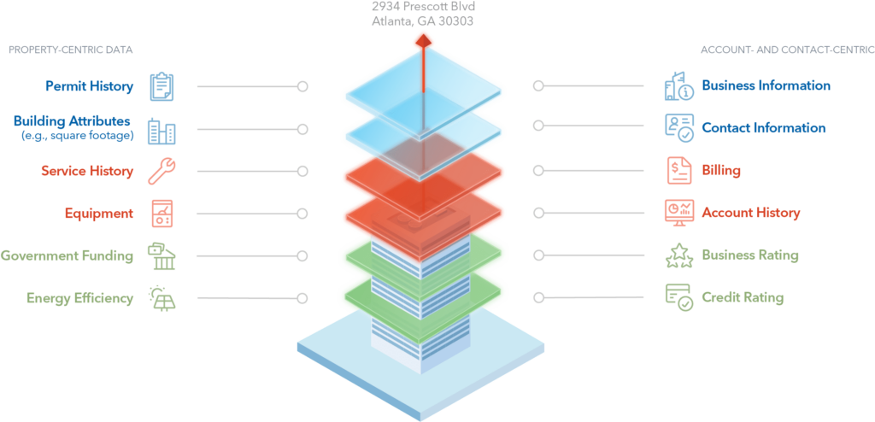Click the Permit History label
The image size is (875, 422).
click(90, 86)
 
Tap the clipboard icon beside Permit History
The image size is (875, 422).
click(161, 86)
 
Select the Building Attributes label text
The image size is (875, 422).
click(73, 121)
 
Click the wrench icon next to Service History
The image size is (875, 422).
click(161, 172)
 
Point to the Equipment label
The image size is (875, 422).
click(99, 214)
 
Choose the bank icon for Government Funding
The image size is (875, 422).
click(161, 255)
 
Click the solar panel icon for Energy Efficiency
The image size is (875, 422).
click(161, 298)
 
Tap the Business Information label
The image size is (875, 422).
click(766, 86)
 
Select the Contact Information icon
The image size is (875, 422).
click(680, 128)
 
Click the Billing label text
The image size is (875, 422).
click(721, 171)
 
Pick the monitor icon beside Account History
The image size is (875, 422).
click(680, 212)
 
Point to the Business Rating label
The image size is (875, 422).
click(749, 255)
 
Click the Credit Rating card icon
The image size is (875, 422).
click(680, 297)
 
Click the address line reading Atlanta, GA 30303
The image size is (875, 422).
click(422, 21)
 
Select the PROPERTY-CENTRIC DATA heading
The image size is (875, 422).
click(71, 50)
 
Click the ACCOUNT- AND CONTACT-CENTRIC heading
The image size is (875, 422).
click(787, 50)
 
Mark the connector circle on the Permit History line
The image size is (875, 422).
click(302, 86)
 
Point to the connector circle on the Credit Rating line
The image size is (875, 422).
click(538, 297)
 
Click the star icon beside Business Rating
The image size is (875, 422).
click(680, 255)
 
